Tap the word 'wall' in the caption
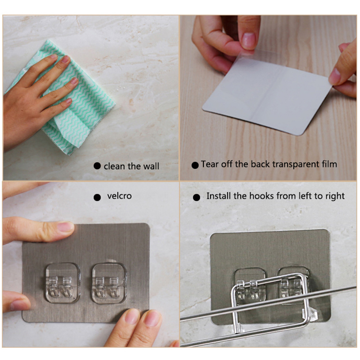(x=151, y=166)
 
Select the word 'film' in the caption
(x=329, y=164)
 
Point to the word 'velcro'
(x=119, y=196)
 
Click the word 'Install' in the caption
(x=219, y=196)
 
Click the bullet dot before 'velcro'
(x=97, y=197)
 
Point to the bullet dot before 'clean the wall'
(x=97, y=166)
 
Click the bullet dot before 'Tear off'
(x=195, y=165)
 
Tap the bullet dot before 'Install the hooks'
(x=196, y=197)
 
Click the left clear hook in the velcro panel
(x=63, y=283)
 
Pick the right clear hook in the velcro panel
(x=109, y=283)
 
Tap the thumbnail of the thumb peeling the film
(x=249, y=40)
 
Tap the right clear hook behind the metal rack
(x=293, y=285)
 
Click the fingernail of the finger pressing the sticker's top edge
(x=65, y=227)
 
